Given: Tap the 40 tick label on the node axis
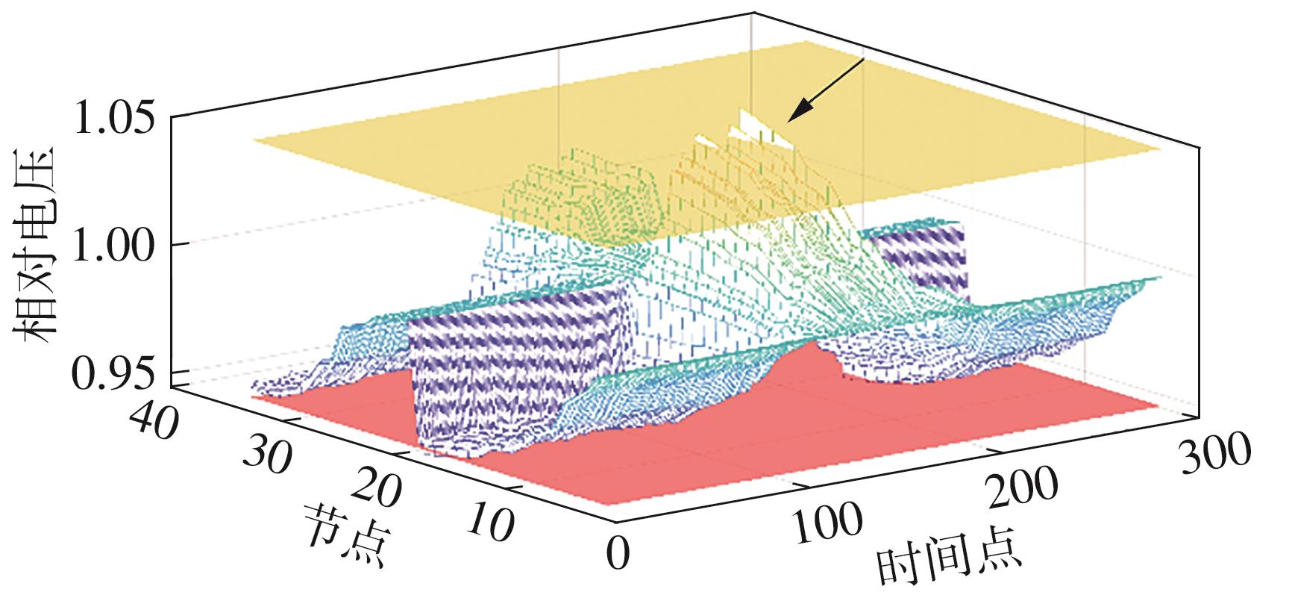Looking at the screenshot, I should click(x=154, y=423).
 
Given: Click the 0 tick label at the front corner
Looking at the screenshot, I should click(x=618, y=553).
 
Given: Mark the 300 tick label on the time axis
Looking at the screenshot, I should click(x=1214, y=452).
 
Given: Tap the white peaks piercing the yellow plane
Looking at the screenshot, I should click(x=746, y=127).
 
